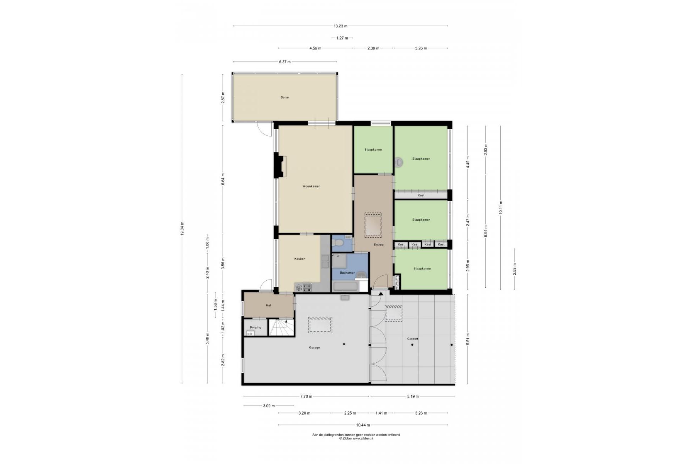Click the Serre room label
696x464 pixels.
pyautogui.click(x=284, y=97)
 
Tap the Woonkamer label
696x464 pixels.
pyautogui.click(x=311, y=186)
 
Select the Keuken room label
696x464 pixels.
pyautogui.click(x=300, y=259)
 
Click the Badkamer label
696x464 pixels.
pyautogui.click(x=347, y=273)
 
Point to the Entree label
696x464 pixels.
pyautogui.click(x=378, y=245)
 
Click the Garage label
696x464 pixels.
pyautogui.click(x=314, y=348)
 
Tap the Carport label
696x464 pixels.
pyautogui.click(x=413, y=339)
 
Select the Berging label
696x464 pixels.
pyautogui.click(x=255, y=328)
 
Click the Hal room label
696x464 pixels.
pyautogui.click(x=268, y=305)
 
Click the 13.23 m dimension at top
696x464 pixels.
pyautogui.click(x=340, y=26)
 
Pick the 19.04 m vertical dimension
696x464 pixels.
pyautogui.click(x=182, y=229)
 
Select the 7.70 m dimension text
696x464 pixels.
pyautogui.click(x=306, y=396)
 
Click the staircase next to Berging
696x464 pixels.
pyautogui.click(x=281, y=327)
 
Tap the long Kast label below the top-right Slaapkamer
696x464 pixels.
pyautogui.click(x=421, y=195)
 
